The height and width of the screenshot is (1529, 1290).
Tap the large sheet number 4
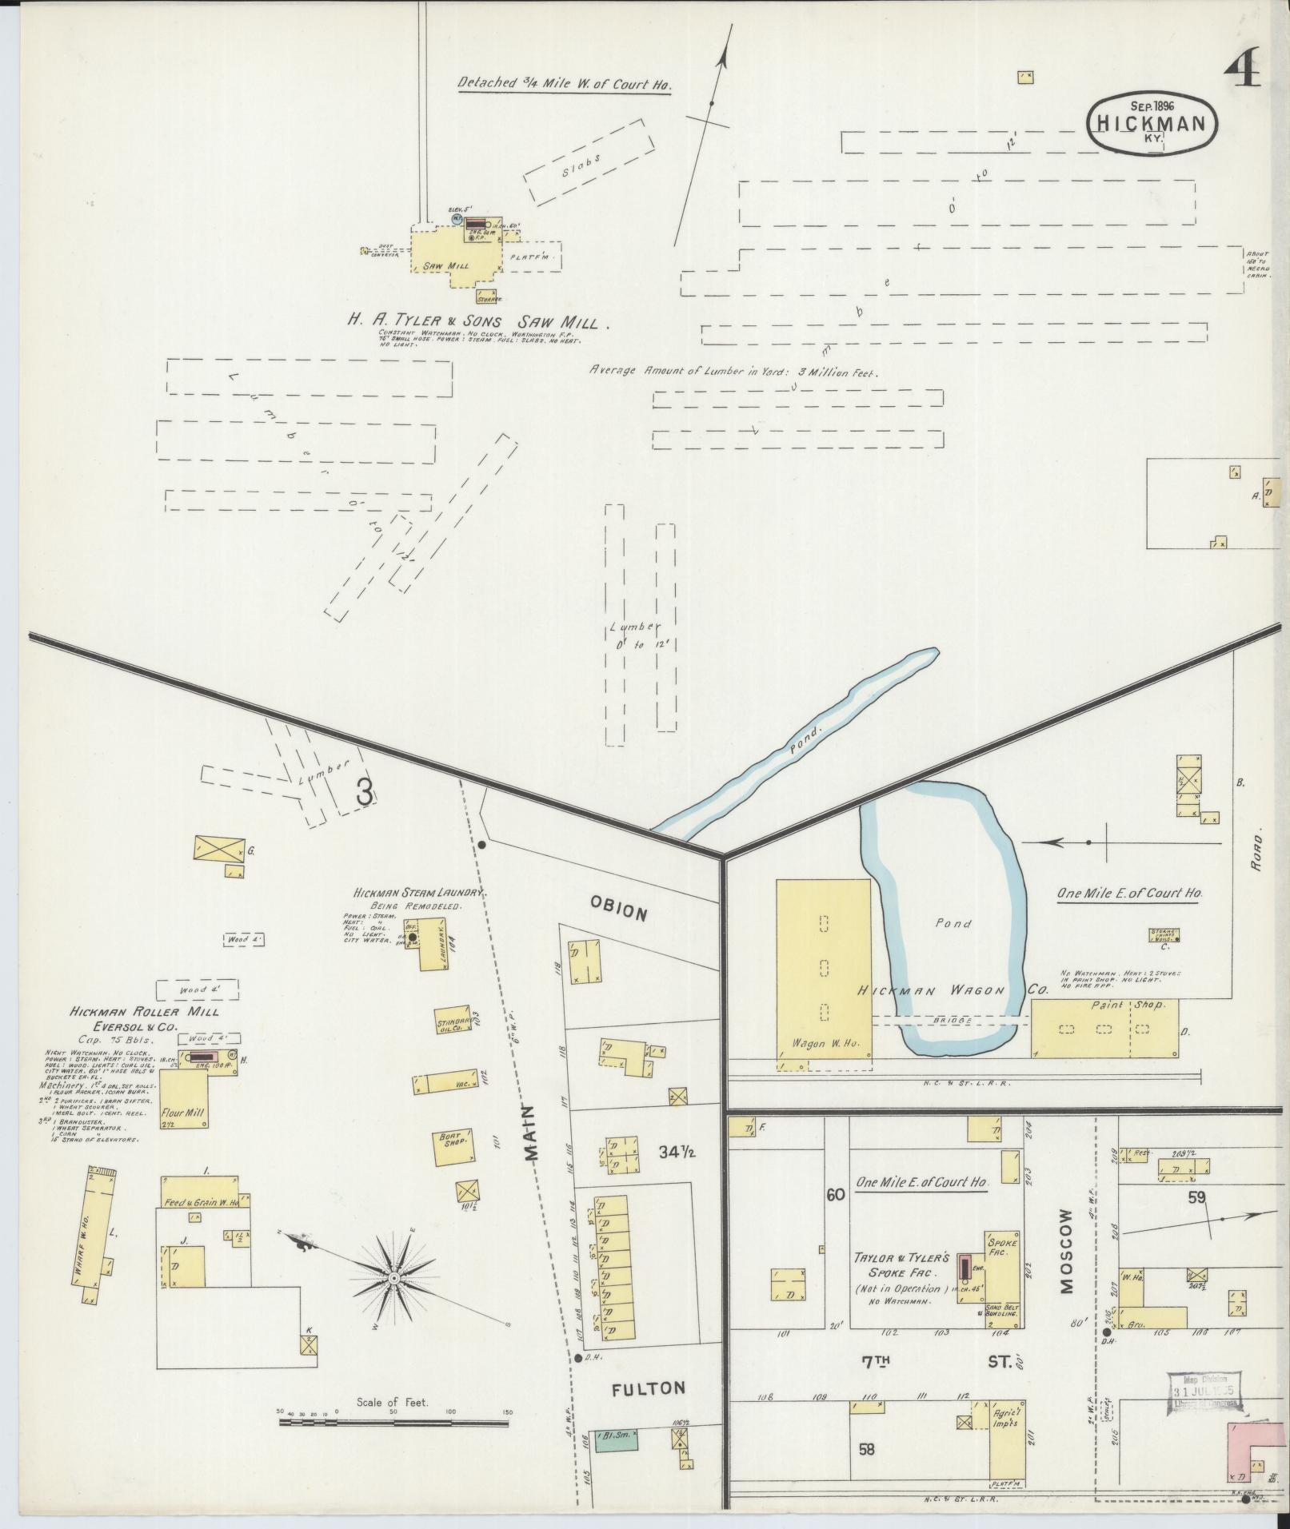[1242, 66]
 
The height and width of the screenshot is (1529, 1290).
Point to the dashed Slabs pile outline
[590, 161]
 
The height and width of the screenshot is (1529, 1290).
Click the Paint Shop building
[1104, 1029]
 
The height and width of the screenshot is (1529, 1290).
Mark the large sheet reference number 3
[364, 791]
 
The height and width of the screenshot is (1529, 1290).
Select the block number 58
[866, 1448]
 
